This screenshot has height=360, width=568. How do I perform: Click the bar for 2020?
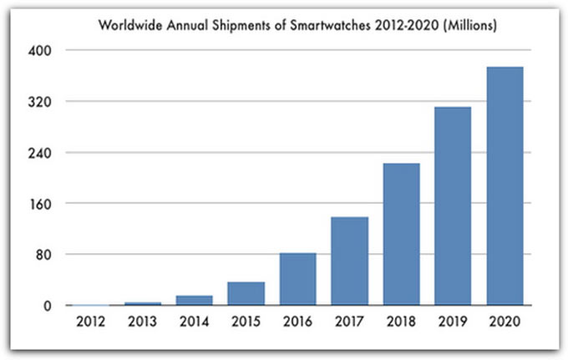click(505, 186)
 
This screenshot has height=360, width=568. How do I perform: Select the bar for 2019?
click(454, 206)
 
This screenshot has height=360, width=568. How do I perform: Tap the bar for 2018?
click(402, 235)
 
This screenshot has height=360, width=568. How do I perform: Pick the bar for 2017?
click(350, 261)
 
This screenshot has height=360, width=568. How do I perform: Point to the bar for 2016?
click(298, 279)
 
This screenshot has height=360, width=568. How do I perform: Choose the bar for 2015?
click(246, 294)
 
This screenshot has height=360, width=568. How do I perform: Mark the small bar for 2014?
click(195, 301)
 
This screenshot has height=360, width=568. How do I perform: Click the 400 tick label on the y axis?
click(40, 50)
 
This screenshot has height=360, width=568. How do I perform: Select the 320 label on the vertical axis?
click(40, 102)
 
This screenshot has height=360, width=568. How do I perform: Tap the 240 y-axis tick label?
click(40, 153)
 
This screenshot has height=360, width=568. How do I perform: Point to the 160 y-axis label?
click(40, 204)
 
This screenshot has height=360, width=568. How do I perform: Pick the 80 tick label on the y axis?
click(43, 255)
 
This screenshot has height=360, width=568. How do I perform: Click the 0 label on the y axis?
click(48, 307)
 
